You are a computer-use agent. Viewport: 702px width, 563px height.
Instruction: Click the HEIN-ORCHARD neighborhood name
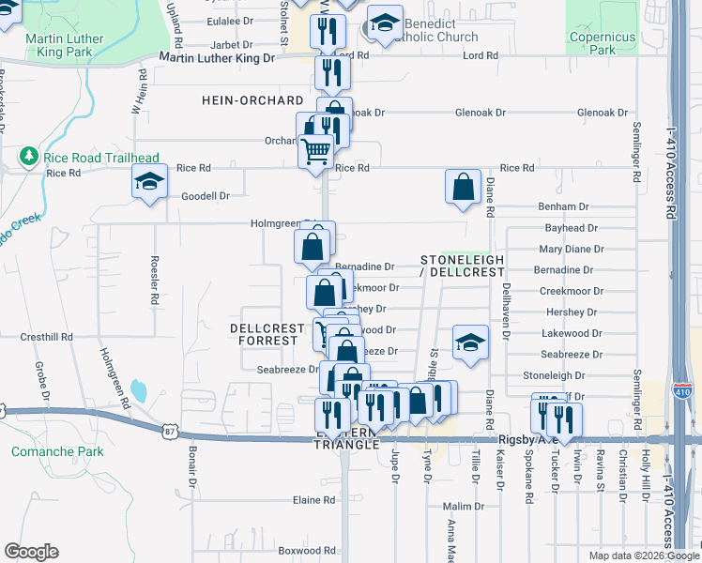(252, 100)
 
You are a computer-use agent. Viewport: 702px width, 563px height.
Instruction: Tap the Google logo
(31, 552)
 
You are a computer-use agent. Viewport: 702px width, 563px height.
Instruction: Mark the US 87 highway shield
(170, 431)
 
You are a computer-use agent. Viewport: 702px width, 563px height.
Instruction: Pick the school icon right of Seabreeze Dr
(470, 342)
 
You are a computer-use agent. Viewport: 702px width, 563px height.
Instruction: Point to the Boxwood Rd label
(307, 551)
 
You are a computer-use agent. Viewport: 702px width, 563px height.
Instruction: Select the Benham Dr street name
(563, 206)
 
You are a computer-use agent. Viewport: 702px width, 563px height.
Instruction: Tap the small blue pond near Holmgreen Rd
(140, 389)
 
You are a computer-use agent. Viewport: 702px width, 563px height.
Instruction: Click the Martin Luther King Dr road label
(217, 57)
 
